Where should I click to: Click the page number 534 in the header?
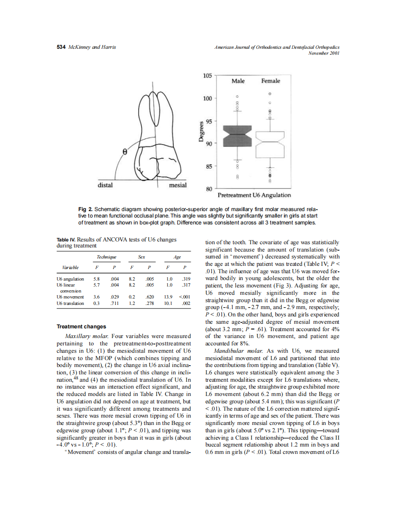pyautogui.click(x=61, y=47)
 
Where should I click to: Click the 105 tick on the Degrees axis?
pyautogui.click(x=208, y=75)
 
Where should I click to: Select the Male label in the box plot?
pyautogui.click(x=238, y=81)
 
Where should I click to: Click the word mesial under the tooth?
pyautogui.click(x=178, y=185)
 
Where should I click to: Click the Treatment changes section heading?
pyautogui.click(x=81, y=327)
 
